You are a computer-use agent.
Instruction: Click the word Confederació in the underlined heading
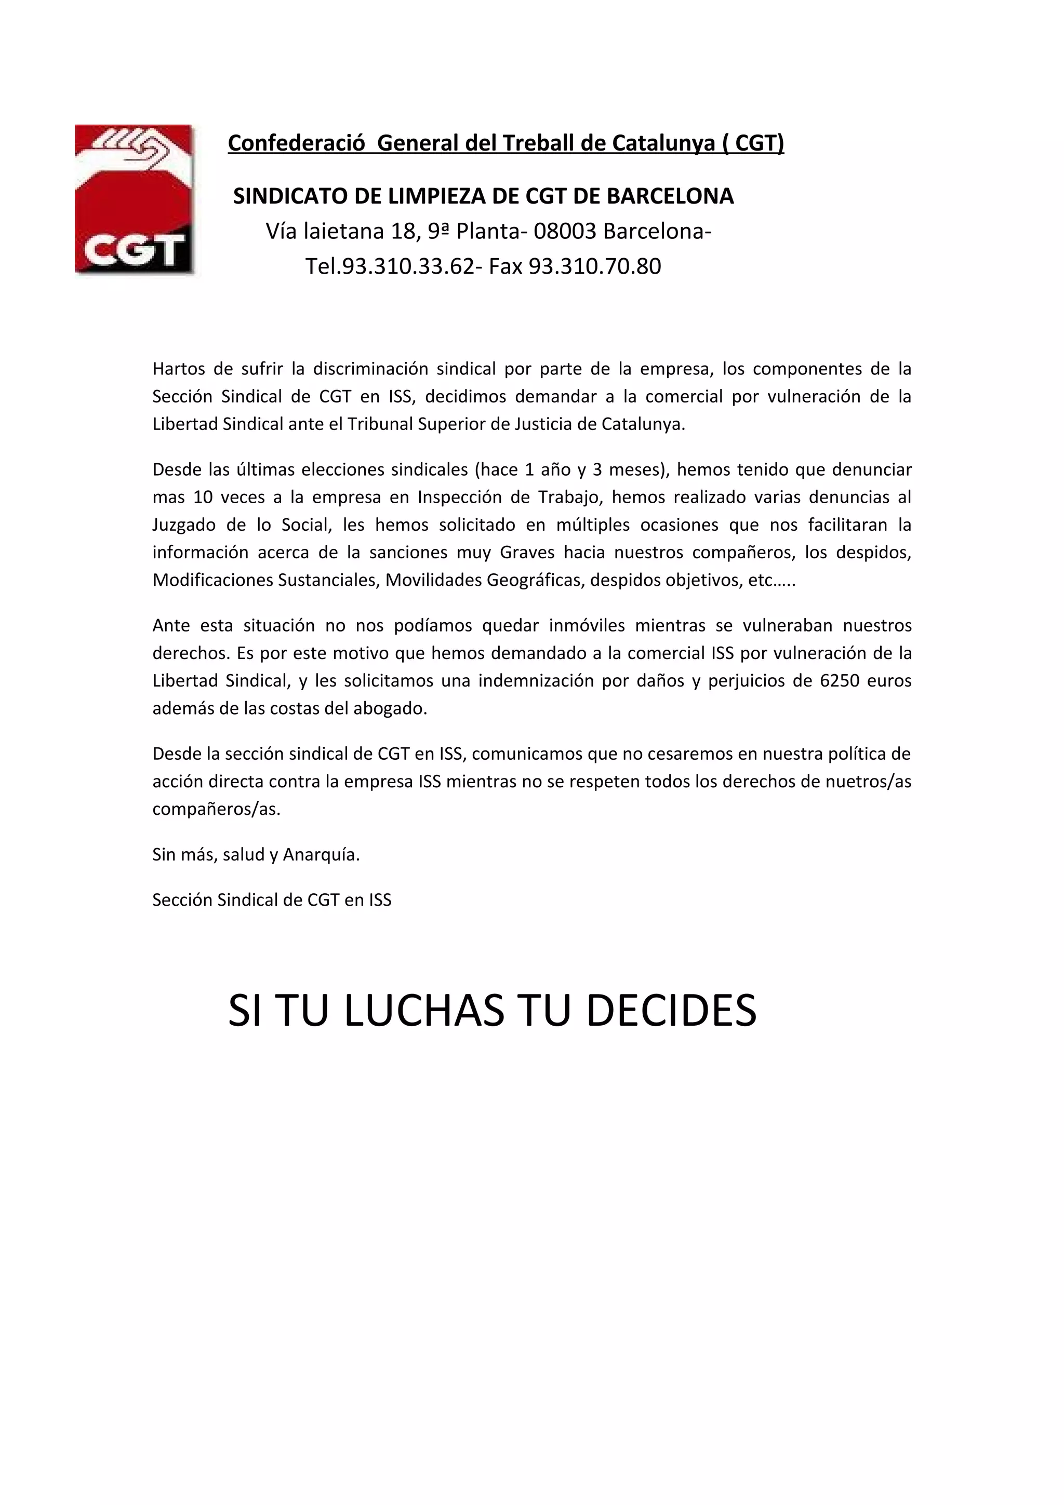[296, 143]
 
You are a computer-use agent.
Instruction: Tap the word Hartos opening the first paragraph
[178, 369]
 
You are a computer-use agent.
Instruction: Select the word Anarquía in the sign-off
[321, 855]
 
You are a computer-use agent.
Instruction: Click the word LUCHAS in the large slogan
[423, 1011]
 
